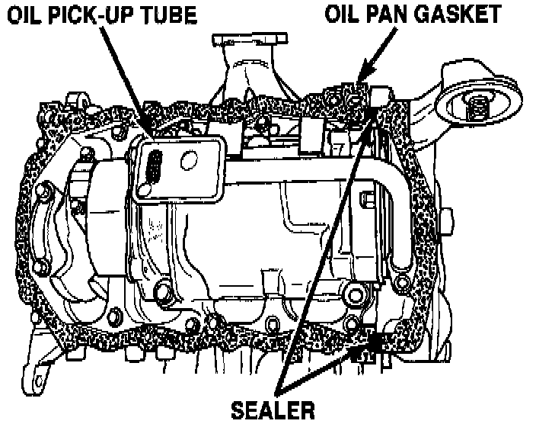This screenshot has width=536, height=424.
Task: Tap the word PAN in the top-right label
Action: (x=395, y=14)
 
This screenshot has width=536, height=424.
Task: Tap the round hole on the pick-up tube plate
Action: (x=187, y=161)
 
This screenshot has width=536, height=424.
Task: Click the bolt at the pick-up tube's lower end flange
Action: (x=349, y=294)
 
